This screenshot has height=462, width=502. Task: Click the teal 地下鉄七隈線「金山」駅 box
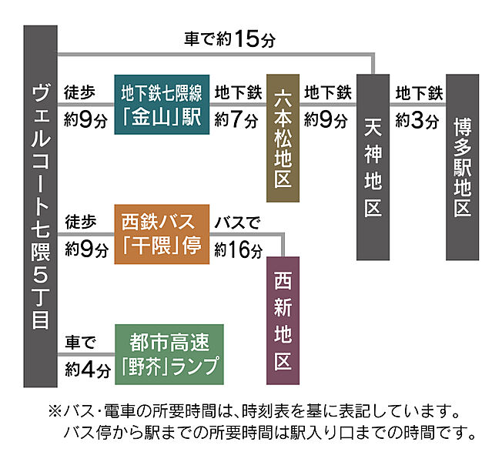pyautogui.click(x=162, y=105)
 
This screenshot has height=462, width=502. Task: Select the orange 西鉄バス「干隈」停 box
pyautogui.click(x=162, y=234)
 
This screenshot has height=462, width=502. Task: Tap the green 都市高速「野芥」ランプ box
pyautogui.click(x=169, y=354)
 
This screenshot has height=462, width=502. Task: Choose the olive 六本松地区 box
pyautogui.click(x=283, y=138)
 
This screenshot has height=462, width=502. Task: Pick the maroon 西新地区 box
pyautogui.click(x=283, y=320)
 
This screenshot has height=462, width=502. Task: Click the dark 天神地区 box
pyautogui.click(x=373, y=167)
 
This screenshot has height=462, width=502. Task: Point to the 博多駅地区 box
pyautogui.click(x=462, y=167)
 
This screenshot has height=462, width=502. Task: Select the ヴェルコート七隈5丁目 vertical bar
pyautogui.click(x=40, y=206)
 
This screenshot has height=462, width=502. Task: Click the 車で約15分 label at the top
pyautogui.click(x=229, y=39)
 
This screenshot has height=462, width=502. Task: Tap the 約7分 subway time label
pyautogui.click(x=236, y=120)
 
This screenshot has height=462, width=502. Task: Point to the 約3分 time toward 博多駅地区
pyautogui.click(x=417, y=120)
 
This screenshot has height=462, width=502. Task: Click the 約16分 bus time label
pyautogui.click(x=239, y=249)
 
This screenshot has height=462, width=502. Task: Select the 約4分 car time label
pyautogui.click(x=88, y=370)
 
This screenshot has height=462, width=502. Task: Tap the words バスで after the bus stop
pyautogui.click(x=237, y=223)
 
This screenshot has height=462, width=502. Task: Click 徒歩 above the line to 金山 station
pyautogui.click(x=79, y=92)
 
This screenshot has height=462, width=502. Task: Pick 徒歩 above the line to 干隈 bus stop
pyautogui.click(x=80, y=222)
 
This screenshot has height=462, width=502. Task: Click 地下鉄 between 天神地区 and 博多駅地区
pyautogui.click(x=419, y=93)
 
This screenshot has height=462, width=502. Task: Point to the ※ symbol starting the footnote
pyautogui.click(x=55, y=411)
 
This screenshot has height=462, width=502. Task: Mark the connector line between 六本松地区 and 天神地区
pyautogui.click(x=328, y=105)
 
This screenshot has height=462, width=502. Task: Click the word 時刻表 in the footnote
pyautogui.click(x=266, y=411)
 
